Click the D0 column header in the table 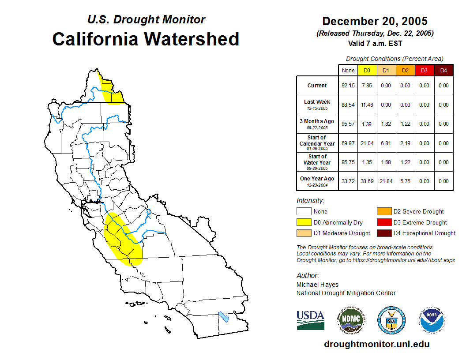[367, 71]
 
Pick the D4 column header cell [443, 71]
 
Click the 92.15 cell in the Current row [348, 86]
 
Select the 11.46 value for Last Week [367, 105]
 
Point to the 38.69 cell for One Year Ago [367, 181]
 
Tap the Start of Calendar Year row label [317, 143]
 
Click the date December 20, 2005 [375, 21]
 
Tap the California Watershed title [146, 39]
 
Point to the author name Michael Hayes [317, 285]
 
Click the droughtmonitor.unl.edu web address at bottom [376, 344]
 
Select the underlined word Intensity [310, 201]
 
